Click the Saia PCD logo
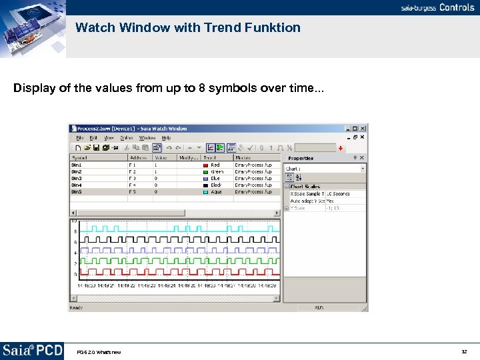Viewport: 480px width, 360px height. tap(32, 351)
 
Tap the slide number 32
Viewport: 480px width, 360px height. tap(464, 351)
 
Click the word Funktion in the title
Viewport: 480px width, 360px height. tap(271, 28)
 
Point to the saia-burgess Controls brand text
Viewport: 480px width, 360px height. tap(437, 7)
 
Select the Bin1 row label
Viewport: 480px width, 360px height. tap(77, 165)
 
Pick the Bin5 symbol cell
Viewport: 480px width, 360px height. tap(77, 192)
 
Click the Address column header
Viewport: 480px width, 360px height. tap(138, 158)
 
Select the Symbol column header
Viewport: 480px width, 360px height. tap(80, 158)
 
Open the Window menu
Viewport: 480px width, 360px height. tap(147, 138)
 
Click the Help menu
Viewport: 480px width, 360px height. tap(167, 138)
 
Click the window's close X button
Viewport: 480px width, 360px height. tap(363, 129)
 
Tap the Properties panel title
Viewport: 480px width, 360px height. tap(301, 158)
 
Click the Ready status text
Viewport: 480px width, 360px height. tap(76, 308)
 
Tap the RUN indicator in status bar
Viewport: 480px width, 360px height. tap(319, 308)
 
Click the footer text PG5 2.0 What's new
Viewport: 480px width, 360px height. tap(99, 351)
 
